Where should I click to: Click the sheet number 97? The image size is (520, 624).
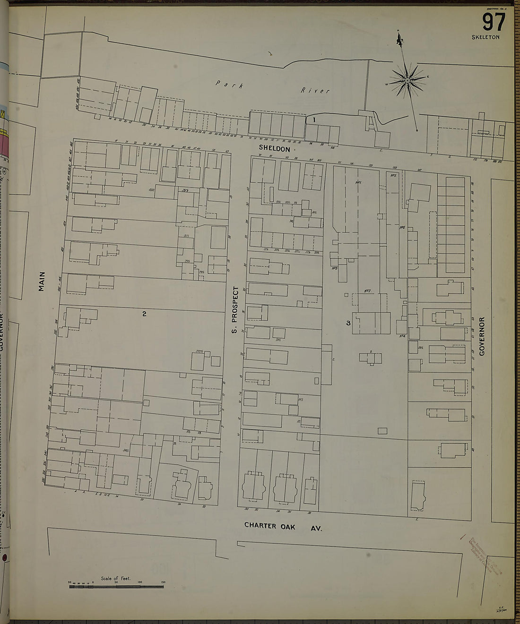(494, 22)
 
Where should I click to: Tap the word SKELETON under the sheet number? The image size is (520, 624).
(485, 37)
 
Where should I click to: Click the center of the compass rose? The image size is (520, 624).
(407, 81)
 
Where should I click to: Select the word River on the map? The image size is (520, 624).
(316, 90)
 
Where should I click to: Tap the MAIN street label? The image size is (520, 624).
(42, 281)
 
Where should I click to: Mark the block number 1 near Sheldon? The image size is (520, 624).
(314, 120)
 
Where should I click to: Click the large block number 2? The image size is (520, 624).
(145, 313)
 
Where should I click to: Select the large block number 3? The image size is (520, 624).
(348, 323)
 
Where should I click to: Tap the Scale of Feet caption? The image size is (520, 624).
(115, 578)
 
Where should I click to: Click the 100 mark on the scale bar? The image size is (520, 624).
(140, 582)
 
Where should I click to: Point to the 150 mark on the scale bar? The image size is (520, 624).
(163, 582)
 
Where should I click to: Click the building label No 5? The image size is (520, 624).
(393, 175)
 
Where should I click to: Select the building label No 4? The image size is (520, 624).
(403, 336)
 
